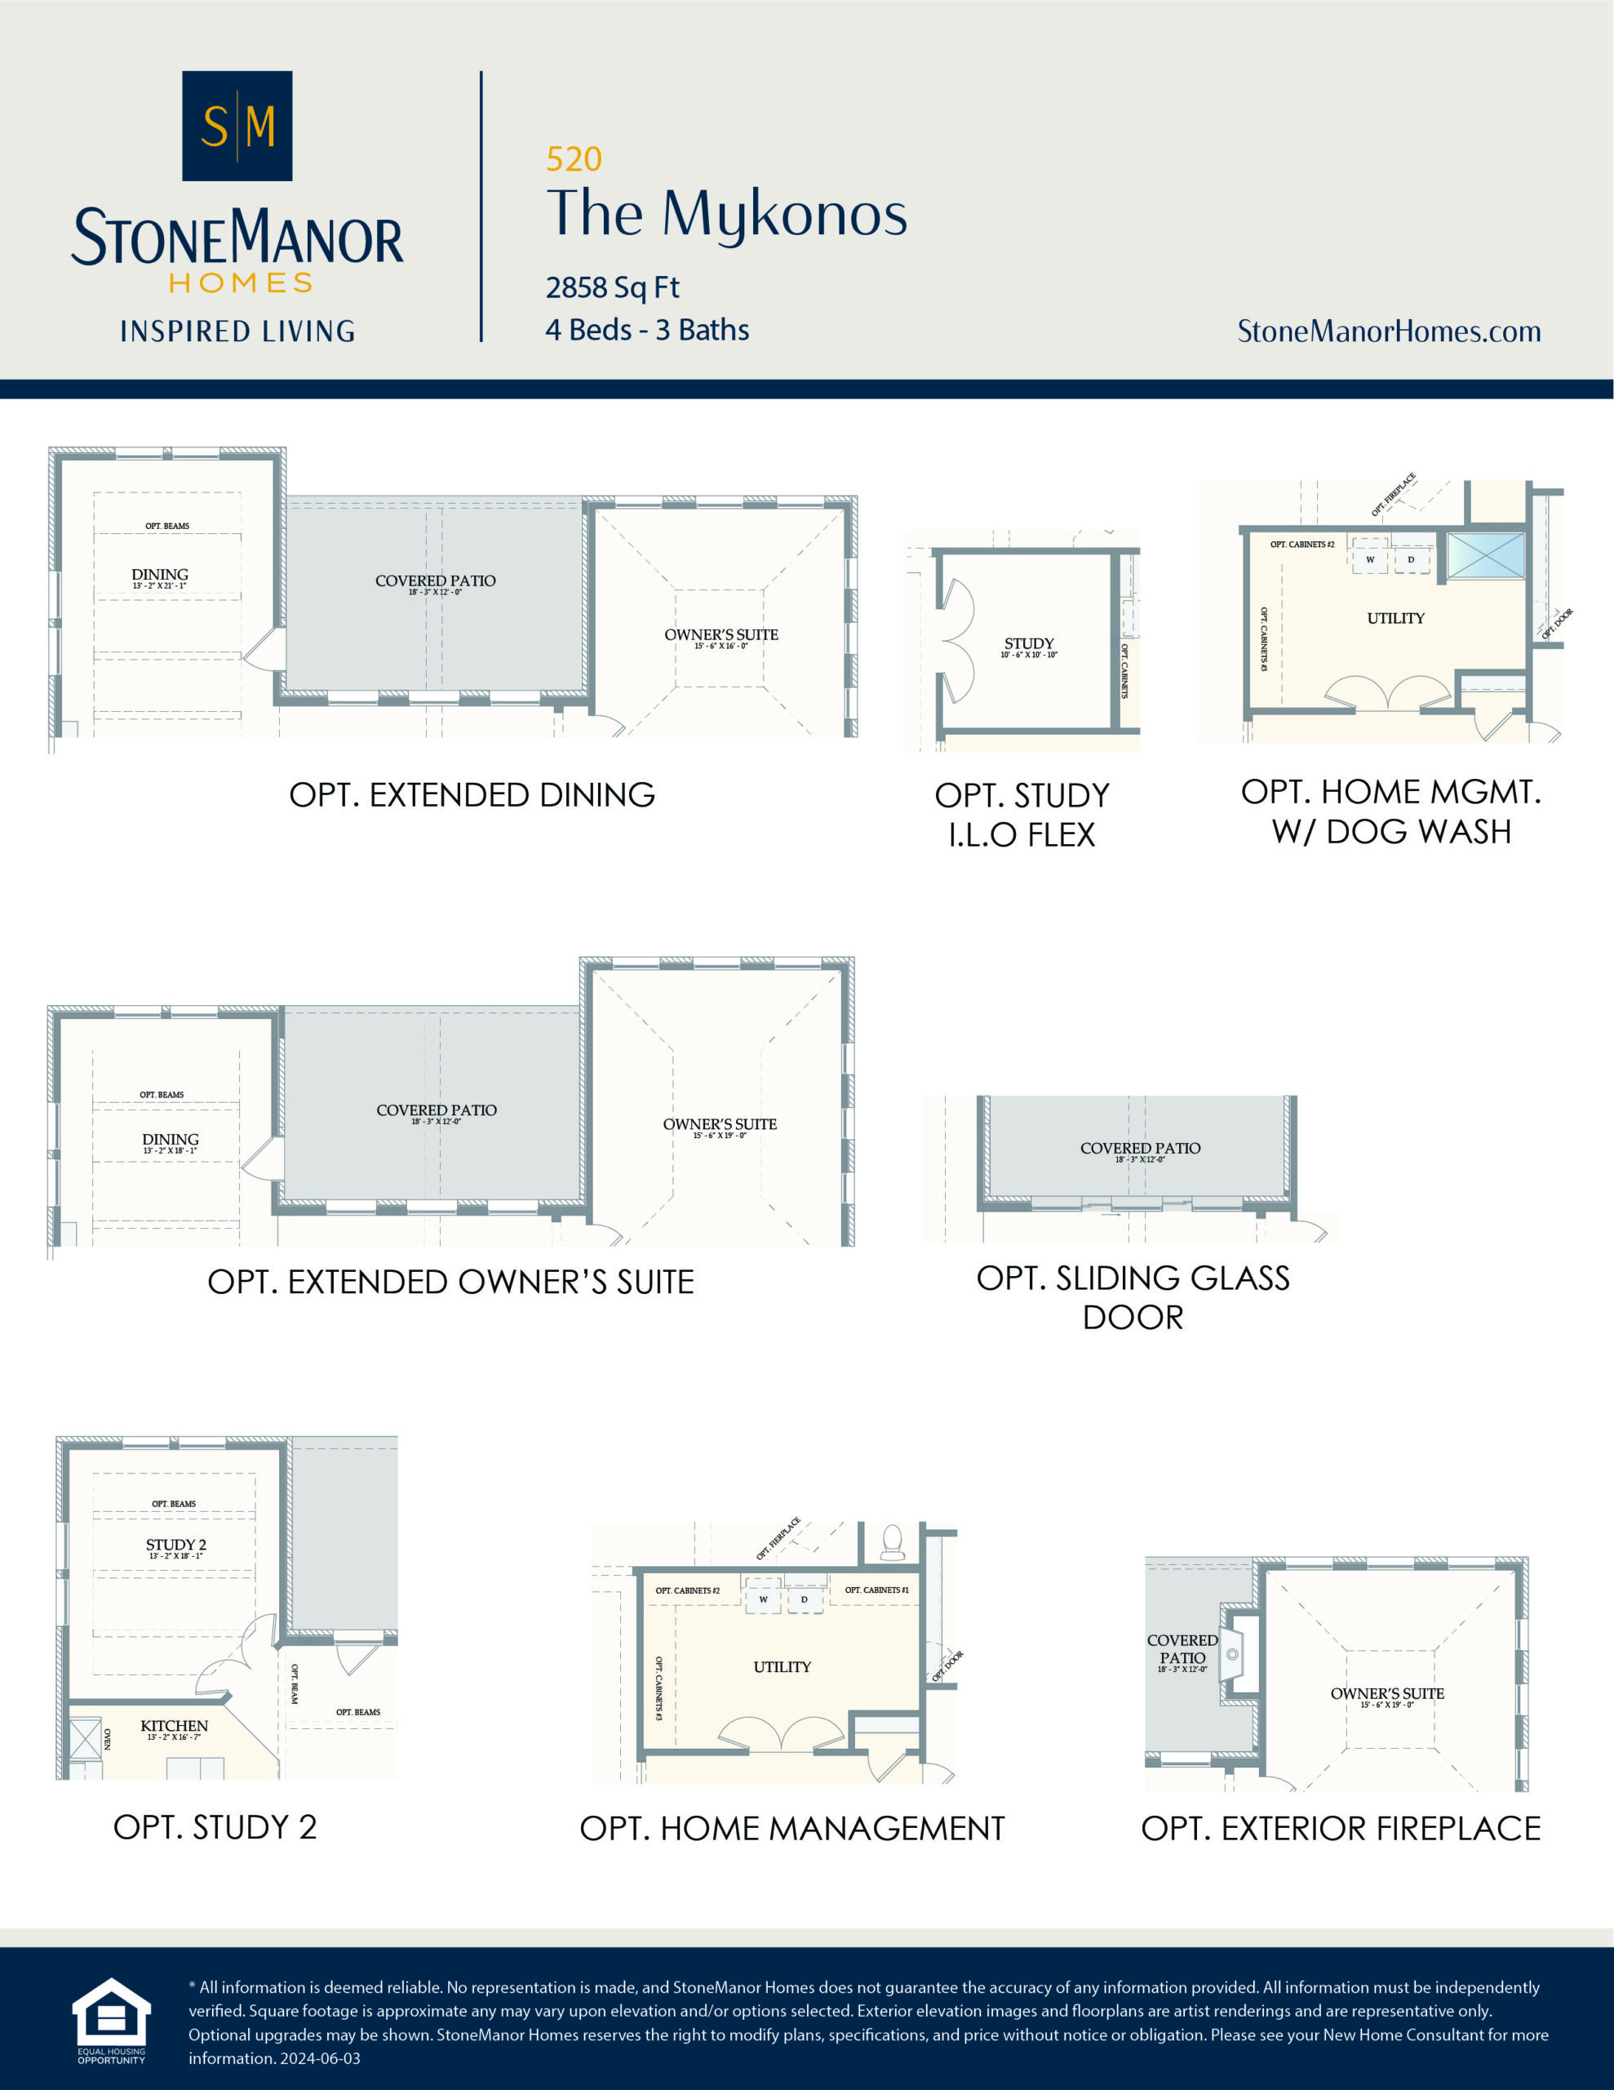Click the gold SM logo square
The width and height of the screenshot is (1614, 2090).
(237, 126)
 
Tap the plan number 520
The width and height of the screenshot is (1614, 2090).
(574, 159)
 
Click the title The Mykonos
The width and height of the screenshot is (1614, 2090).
(726, 213)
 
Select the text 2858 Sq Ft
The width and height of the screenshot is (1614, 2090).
(612, 287)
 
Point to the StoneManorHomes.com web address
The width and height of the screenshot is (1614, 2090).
(1388, 331)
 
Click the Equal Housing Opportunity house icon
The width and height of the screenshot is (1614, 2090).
(111, 2012)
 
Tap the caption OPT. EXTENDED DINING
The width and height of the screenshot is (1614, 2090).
(472, 795)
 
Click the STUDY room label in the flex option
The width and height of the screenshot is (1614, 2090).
(1028, 643)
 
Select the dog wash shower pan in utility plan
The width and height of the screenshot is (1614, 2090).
(1485, 556)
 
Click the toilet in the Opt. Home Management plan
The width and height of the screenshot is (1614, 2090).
(892, 1541)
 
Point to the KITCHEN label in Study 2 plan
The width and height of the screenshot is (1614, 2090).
(174, 1725)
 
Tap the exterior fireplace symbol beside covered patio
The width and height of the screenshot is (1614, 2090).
(1235, 1655)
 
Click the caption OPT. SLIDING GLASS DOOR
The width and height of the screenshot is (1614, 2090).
(1133, 1296)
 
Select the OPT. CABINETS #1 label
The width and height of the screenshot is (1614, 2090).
(876, 1590)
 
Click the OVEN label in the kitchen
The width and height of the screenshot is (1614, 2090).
(107, 1739)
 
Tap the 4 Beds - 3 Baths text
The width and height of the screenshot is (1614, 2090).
(647, 330)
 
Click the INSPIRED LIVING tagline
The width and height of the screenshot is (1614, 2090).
(237, 331)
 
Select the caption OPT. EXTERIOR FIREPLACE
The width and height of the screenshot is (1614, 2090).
(1341, 1829)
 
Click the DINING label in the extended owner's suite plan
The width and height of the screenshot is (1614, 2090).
(171, 1139)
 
